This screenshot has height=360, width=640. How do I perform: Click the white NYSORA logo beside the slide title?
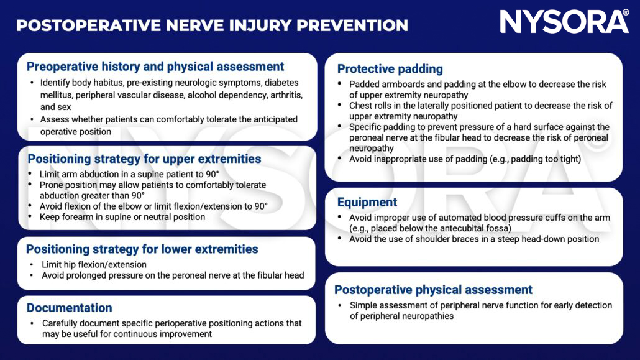pos(564,22)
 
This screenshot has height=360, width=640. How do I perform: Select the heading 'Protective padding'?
pos(390,69)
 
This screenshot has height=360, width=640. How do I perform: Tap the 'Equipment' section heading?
pos(367,202)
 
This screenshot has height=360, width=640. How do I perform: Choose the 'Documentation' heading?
pos(69,308)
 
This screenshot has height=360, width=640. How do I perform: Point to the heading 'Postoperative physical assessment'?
pos(433,290)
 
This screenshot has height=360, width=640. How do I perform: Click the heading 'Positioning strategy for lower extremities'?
pos(142,249)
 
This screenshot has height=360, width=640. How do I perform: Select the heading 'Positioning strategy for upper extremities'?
pos(144,159)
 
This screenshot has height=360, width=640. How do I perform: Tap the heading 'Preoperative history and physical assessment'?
pos(155,67)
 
